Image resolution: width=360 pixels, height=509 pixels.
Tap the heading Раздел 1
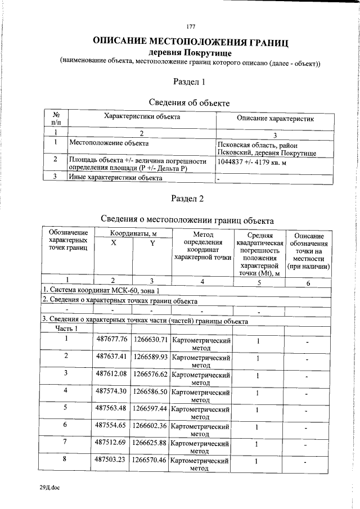(190, 82)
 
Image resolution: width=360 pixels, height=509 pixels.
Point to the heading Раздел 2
(190, 199)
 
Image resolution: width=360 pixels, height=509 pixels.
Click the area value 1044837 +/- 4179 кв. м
(251, 162)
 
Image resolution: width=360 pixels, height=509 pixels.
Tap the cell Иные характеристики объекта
(115, 178)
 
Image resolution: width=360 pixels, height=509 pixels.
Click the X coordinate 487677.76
(112, 339)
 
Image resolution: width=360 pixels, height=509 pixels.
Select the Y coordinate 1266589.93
(150, 357)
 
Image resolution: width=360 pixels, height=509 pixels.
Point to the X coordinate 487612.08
(112, 373)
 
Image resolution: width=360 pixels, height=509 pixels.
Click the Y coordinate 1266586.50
(150, 390)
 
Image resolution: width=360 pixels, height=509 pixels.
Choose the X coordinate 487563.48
(112, 408)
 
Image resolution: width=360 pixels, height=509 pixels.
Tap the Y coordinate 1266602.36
(150, 425)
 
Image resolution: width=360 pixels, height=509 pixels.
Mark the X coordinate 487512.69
(112, 443)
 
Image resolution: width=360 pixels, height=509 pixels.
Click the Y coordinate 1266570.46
(150, 460)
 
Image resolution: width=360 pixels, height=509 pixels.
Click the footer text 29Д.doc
(49, 488)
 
